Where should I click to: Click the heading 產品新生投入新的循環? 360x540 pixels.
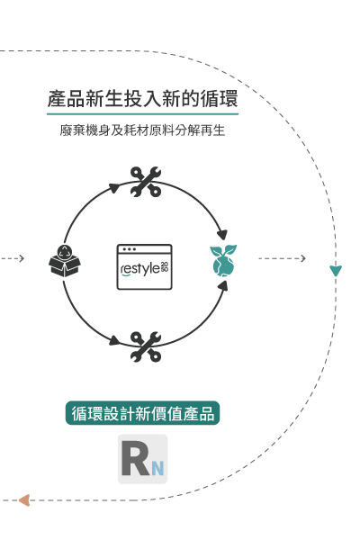tap(142, 98)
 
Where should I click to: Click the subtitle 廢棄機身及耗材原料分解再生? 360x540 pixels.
tap(142, 130)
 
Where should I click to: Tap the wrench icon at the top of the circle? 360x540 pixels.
tap(146, 182)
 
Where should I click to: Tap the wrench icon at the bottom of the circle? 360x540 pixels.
tap(146, 346)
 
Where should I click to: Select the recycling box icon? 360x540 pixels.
tap(65, 261)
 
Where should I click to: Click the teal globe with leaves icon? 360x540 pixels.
tap(223, 261)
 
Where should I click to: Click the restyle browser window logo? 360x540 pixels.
tap(144, 267)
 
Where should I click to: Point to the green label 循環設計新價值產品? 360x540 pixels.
tap(142, 413)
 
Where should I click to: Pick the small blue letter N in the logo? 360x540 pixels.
tap(157, 468)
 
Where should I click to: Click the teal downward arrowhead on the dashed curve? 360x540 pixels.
tap(336, 271)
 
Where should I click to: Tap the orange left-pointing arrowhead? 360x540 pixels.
tap(24, 500)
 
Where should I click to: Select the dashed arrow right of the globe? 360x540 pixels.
tap(282, 258)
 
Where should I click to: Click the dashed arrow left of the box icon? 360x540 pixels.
tap(12, 258)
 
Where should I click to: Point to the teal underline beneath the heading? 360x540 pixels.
tap(142, 113)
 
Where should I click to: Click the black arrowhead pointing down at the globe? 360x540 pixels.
tap(222, 235)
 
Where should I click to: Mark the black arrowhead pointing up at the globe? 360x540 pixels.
tap(223, 286)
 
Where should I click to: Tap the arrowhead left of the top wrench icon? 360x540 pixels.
tap(113, 188)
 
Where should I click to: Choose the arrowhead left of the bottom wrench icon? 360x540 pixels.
tap(114, 340)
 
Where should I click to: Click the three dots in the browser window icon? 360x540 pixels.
tap(130, 249)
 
